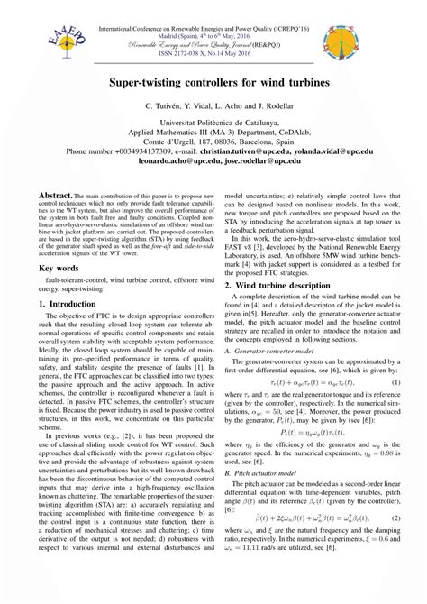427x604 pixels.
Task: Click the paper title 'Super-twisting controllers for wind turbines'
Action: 213,82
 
